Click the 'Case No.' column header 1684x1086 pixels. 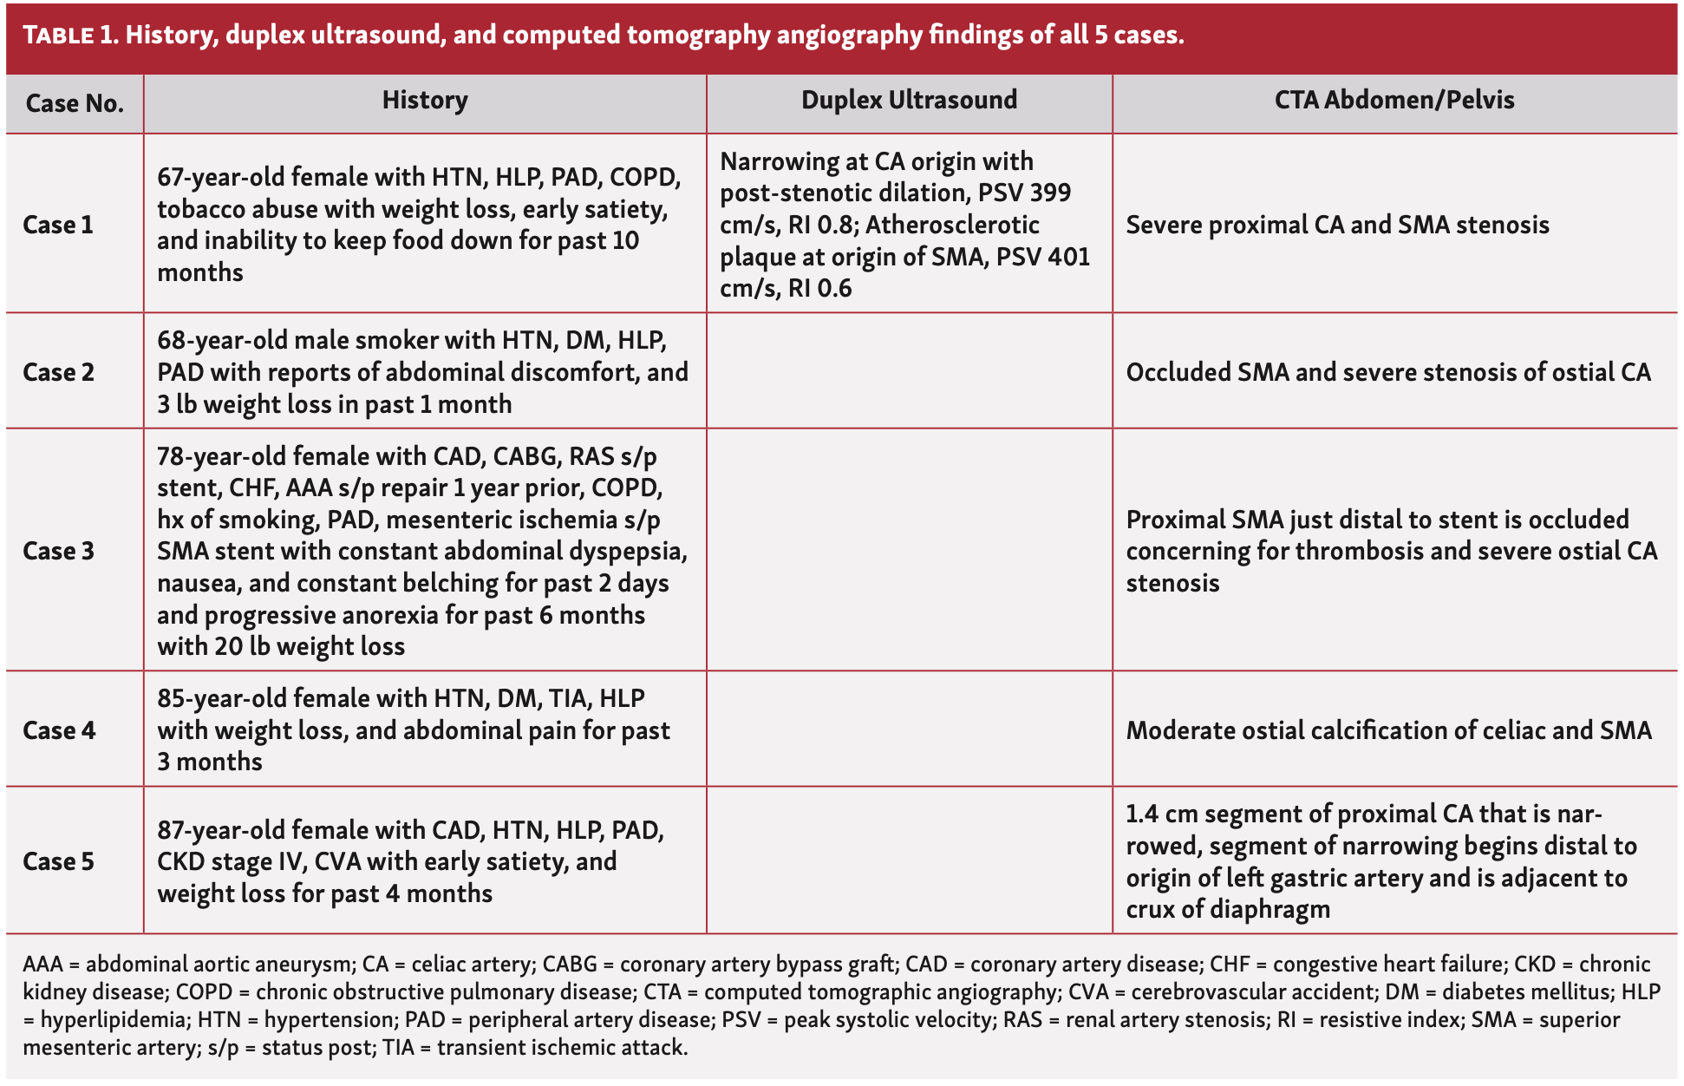point(75,103)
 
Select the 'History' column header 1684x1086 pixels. point(425,101)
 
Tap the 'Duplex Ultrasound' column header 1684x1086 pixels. point(909,101)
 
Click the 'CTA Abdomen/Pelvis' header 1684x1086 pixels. point(1394,101)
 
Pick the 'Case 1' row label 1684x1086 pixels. point(57,225)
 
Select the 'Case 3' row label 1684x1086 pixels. point(57,551)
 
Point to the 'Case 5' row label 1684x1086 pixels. point(57,861)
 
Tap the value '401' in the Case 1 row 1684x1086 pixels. point(1067,257)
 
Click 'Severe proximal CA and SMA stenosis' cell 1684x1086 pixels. point(1336,225)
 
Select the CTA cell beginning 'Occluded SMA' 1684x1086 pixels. point(1387,372)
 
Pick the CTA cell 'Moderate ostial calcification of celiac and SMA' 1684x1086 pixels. point(1387,730)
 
